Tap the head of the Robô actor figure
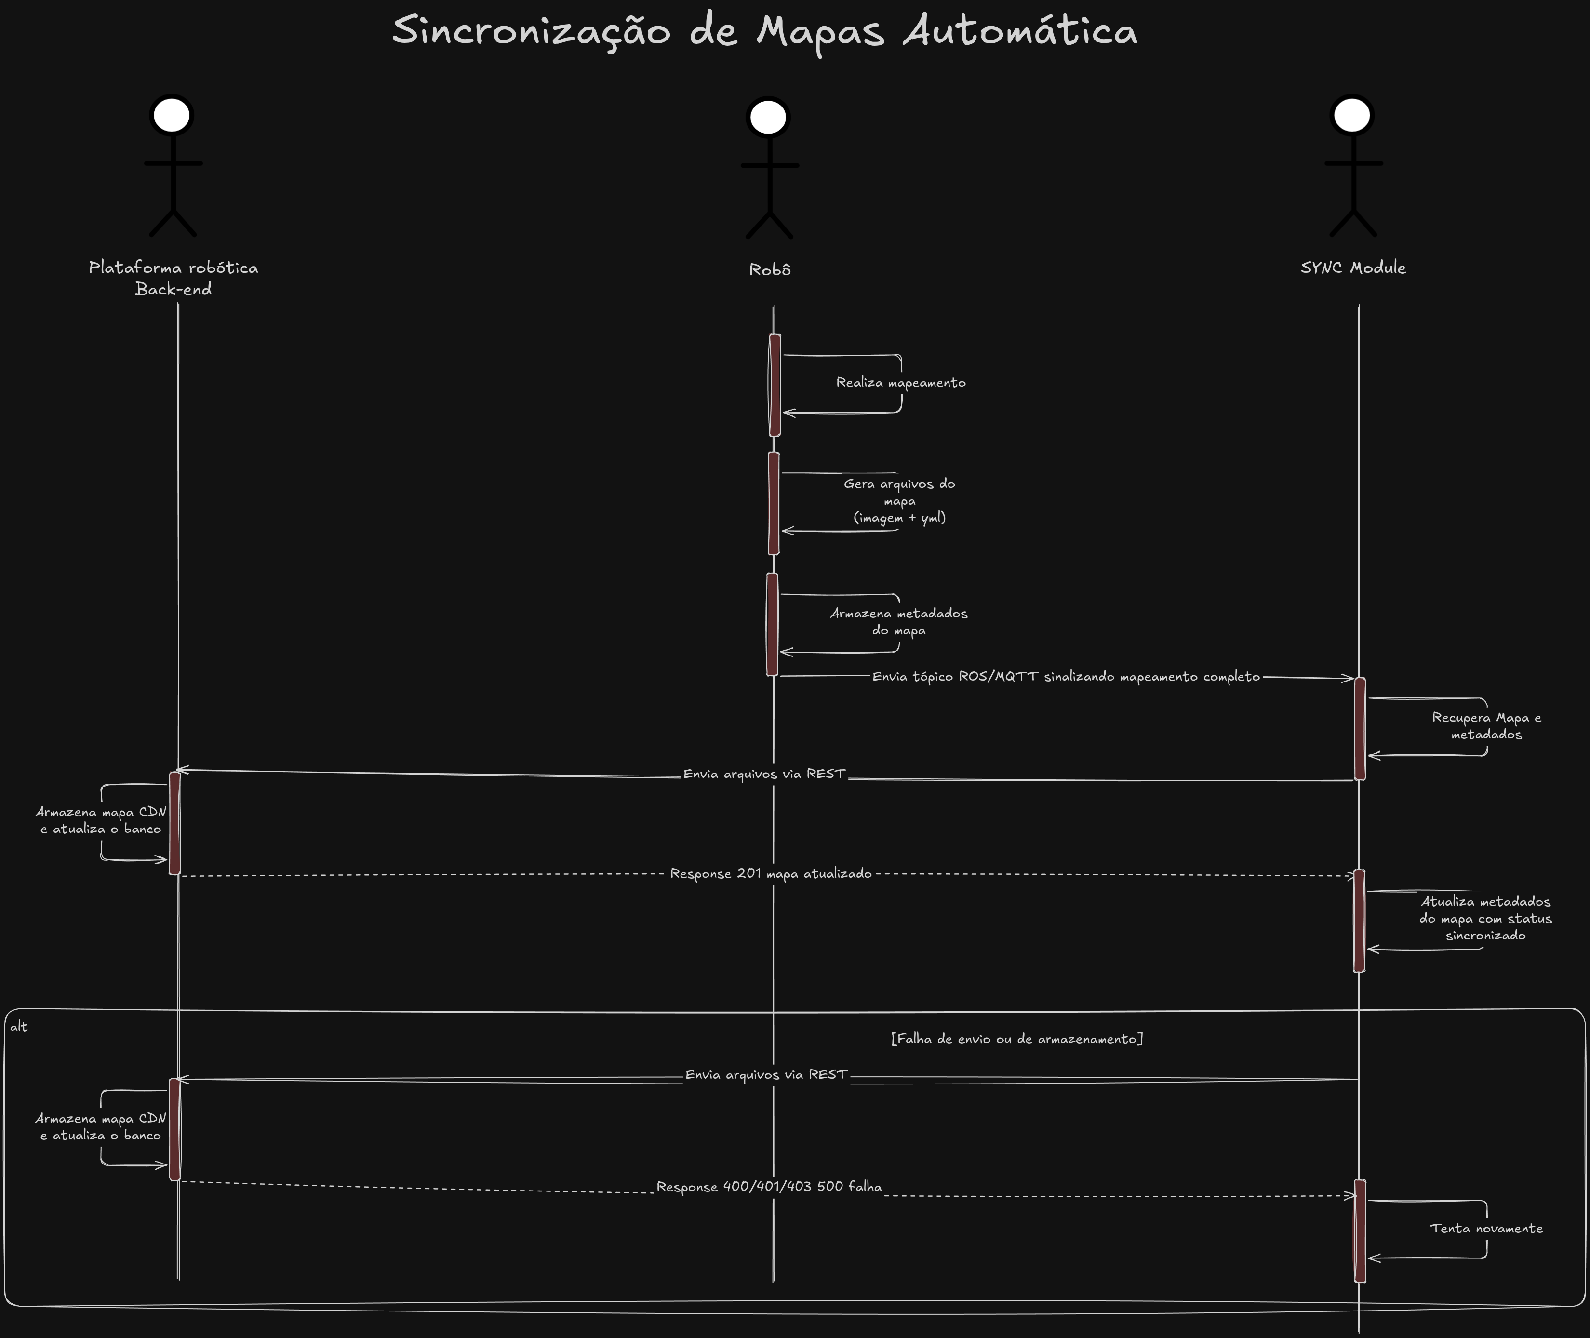pyautogui.click(x=768, y=118)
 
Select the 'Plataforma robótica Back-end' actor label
pyautogui.click(x=173, y=278)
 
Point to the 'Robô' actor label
pyautogui.click(x=770, y=269)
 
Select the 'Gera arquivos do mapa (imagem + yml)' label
pyautogui.click(x=900, y=501)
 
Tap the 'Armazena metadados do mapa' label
pyautogui.click(x=899, y=622)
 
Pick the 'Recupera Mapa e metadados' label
pyautogui.click(x=1487, y=726)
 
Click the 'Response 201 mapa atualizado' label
pyautogui.click(x=771, y=874)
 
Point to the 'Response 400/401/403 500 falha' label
pyautogui.click(x=769, y=1186)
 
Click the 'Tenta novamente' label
pyautogui.click(x=1487, y=1228)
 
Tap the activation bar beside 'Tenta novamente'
pyautogui.click(x=1360, y=1231)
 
